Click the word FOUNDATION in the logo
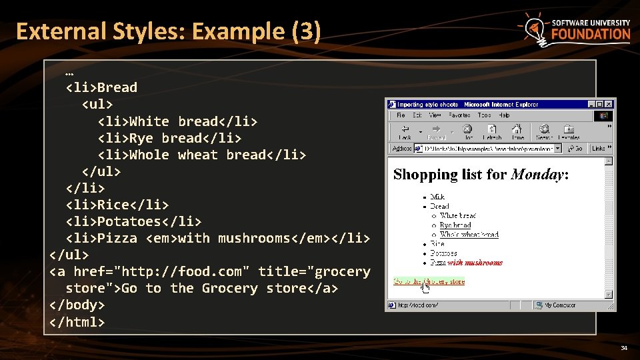pyautogui.click(x=590, y=34)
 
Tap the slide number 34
pyautogui.click(x=624, y=348)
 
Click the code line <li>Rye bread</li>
pyautogui.click(x=169, y=138)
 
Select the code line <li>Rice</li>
pyautogui.click(x=117, y=205)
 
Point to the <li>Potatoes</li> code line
pyautogui.click(x=133, y=221)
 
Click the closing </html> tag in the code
pyautogui.click(x=77, y=321)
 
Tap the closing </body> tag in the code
pyautogui.click(x=77, y=305)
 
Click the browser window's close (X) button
pyautogui.click(x=608, y=105)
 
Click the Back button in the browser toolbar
pyautogui.click(x=405, y=131)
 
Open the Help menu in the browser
pyautogui.click(x=503, y=115)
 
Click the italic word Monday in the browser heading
pyautogui.click(x=537, y=175)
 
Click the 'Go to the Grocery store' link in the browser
pyautogui.click(x=429, y=281)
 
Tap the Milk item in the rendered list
pyautogui.click(x=437, y=197)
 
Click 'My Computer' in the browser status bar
pyautogui.click(x=559, y=305)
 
